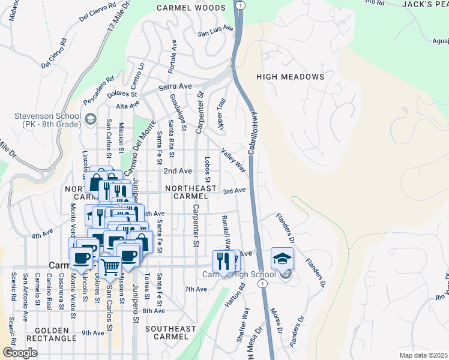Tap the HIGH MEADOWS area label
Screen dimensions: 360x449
[290, 77]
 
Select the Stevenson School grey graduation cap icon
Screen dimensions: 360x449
[91, 119]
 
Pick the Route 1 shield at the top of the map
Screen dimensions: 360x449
[241, 4]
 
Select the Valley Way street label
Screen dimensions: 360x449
[234, 160]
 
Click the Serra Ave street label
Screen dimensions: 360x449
[175, 86]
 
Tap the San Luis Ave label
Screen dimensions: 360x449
[216, 28]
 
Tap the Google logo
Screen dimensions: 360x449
[20, 353]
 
